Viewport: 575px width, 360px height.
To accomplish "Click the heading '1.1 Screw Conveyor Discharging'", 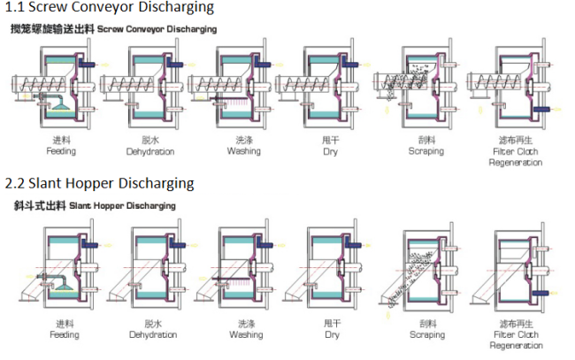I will point(110,8).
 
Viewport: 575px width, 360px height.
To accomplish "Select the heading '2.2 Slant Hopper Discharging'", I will point(99,183).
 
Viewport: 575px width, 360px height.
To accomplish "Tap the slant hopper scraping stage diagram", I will point(425,270).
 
